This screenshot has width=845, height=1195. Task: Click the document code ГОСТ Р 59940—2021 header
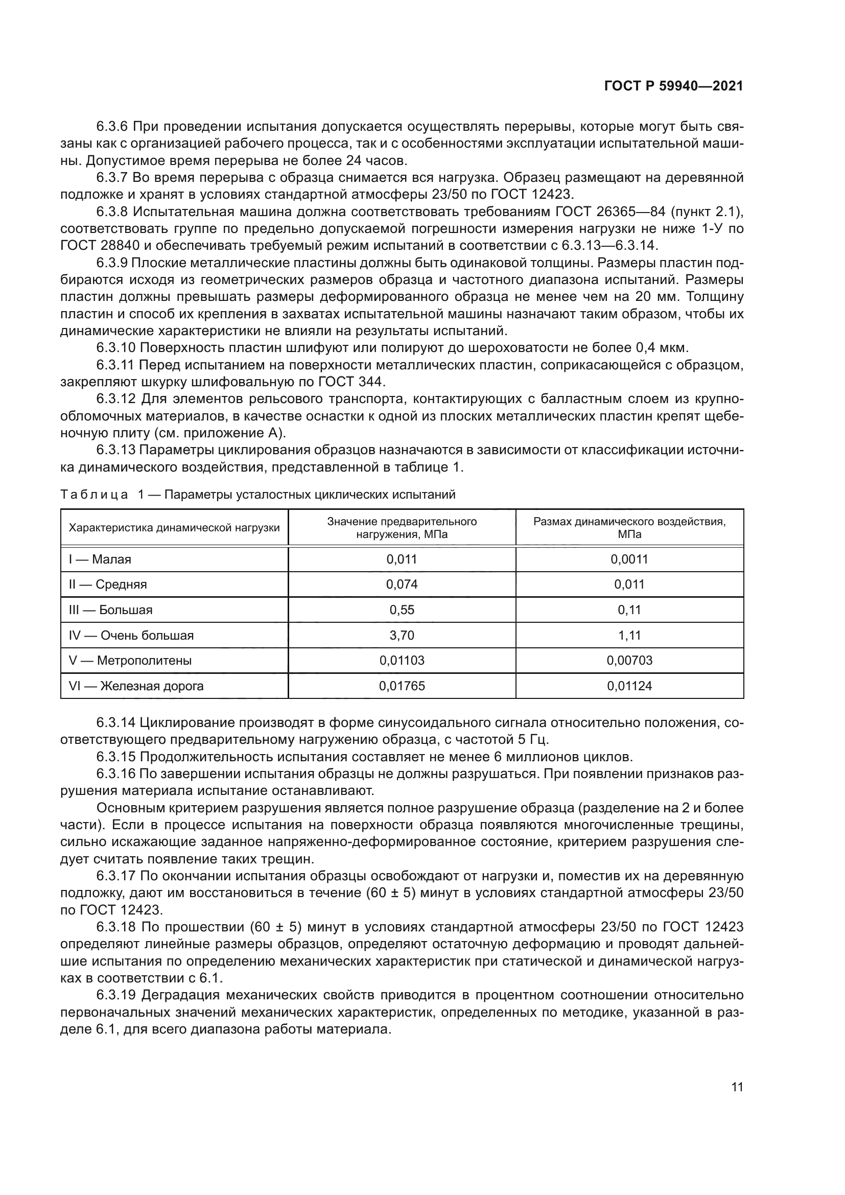click(673, 86)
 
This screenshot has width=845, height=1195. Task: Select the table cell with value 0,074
click(402, 584)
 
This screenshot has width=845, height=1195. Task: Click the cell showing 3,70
click(402, 635)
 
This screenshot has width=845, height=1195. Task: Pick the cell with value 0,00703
click(629, 661)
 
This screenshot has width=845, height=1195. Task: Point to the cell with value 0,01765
click(402, 686)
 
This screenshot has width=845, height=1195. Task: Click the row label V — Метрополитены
click(130, 661)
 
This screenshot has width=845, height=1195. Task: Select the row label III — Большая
click(110, 610)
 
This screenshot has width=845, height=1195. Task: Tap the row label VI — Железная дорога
click(136, 686)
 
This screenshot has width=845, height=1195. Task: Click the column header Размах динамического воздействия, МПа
click(629, 528)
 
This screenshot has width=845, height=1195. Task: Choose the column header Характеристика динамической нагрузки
click(174, 528)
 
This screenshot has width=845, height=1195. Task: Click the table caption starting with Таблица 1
click(257, 495)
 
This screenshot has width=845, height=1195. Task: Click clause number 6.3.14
click(115, 722)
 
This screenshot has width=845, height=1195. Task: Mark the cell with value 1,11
click(629, 635)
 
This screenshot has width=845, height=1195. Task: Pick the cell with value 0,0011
click(629, 559)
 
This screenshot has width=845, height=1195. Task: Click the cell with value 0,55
click(402, 610)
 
